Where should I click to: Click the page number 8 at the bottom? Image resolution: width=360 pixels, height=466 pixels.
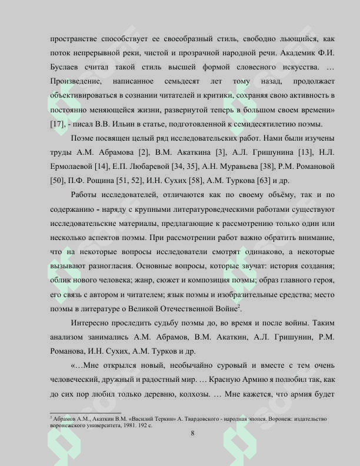(193, 434)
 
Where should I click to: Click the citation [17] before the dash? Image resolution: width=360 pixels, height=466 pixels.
(58, 124)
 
